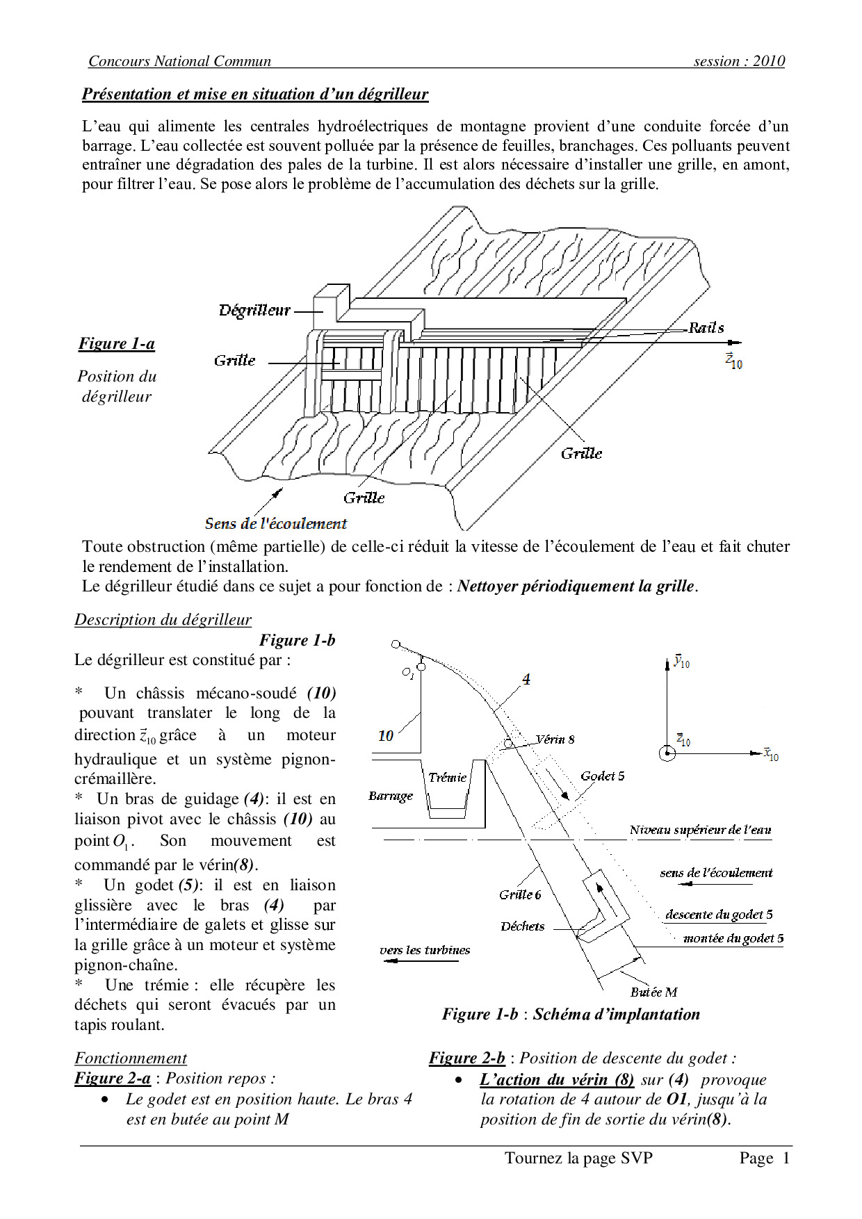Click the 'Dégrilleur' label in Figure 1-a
click(254, 311)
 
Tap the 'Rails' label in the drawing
click(706, 328)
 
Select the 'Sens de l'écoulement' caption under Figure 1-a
click(275, 523)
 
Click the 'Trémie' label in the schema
click(447, 778)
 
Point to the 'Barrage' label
click(390, 796)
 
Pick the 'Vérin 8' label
click(555, 739)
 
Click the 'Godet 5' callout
click(602, 776)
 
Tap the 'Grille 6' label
click(519, 894)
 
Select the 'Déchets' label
click(522, 926)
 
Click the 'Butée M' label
click(653, 992)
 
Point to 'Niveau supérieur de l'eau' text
click(700, 830)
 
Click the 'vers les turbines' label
click(425, 950)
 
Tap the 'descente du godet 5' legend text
click(719, 915)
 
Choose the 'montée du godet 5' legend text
click(733, 938)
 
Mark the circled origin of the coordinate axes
click(667, 753)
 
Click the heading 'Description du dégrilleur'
click(163, 619)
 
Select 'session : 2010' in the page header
click(739, 61)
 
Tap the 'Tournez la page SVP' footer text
click(578, 1158)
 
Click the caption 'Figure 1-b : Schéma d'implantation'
click(571, 1014)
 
